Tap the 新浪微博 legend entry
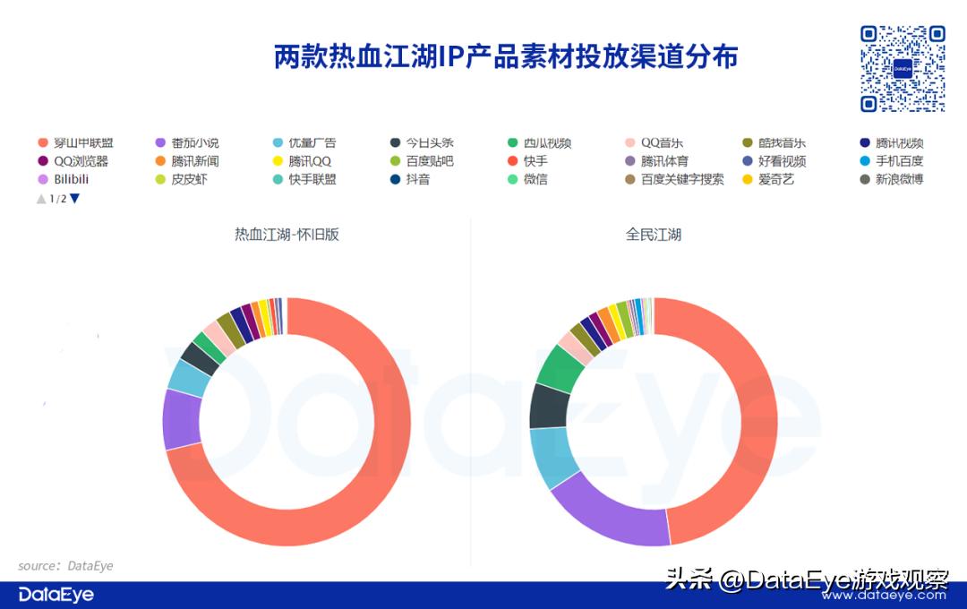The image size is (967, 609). pyautogui.click(x=899, y=179)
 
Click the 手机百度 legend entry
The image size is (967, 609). pyautogui.click(x=899, y=161)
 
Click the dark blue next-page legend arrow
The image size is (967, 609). pyautogui.click(x=75, y=199)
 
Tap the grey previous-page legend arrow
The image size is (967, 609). pyautogui.click(x=41, y=199)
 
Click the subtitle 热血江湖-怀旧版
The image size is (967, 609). pyautogui.click(x=287, y=236)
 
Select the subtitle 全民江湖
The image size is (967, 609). pyautogui.click(x=654, y=236)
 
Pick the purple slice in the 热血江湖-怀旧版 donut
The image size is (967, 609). pyautogui.click(x=181, y=418)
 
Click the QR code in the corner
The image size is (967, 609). pyautogui.click(x=903, y=68)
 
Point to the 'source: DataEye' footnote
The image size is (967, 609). pyautogui.click(x=65, y=566)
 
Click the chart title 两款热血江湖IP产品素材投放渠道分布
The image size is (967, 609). pyautogui.click(x=506, y=56)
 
